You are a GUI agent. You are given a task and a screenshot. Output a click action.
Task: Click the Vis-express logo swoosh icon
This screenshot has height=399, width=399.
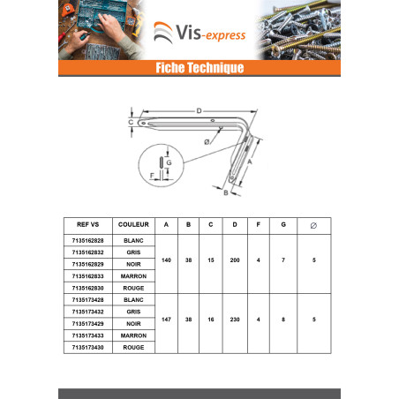tap(162, 33)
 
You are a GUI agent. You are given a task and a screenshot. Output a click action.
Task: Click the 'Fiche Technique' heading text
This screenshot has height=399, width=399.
tap(199, 68)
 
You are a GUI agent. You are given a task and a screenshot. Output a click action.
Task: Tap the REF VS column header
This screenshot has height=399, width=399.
tap(87, 224)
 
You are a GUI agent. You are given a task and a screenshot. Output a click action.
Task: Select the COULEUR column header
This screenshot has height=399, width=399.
tap(133, 224)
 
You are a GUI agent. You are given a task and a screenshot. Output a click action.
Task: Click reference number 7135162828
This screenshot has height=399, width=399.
tap(87, 241)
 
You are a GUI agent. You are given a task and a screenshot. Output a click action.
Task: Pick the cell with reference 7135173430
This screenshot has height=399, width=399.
tap(87, 348)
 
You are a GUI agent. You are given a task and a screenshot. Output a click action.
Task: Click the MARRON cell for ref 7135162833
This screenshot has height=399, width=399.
tap(133, 276)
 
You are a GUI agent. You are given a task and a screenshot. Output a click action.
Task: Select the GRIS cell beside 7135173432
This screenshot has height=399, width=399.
tap(133, 312)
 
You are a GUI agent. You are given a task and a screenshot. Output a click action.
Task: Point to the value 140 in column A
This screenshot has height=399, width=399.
tap(166, 260)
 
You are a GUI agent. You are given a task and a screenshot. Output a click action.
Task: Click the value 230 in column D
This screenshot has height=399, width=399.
tap(235, 320)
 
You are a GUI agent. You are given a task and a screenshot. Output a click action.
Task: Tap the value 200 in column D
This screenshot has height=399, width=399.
tap(235, 260)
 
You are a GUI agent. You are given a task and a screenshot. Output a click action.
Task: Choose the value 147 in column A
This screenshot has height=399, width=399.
tap(166, 320)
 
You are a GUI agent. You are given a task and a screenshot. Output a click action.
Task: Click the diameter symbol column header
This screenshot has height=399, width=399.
tap(313, 226)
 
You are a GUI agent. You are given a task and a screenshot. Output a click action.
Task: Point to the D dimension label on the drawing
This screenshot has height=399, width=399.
tap(199, 111)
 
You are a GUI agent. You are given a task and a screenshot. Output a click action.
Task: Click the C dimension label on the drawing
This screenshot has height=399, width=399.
tap(131, 122)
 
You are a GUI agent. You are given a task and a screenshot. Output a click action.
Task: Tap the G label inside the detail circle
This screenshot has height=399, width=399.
tap(169, 162)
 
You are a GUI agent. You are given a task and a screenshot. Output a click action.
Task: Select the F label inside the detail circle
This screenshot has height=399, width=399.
tap(152, 176)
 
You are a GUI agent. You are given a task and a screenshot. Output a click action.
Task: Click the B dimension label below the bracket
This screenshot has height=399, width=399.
tap(226, 193)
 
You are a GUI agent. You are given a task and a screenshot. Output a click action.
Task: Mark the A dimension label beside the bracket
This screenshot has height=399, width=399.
tap(250, 162)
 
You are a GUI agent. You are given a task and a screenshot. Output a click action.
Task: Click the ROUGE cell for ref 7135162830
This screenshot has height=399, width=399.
tap(133, 288)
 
